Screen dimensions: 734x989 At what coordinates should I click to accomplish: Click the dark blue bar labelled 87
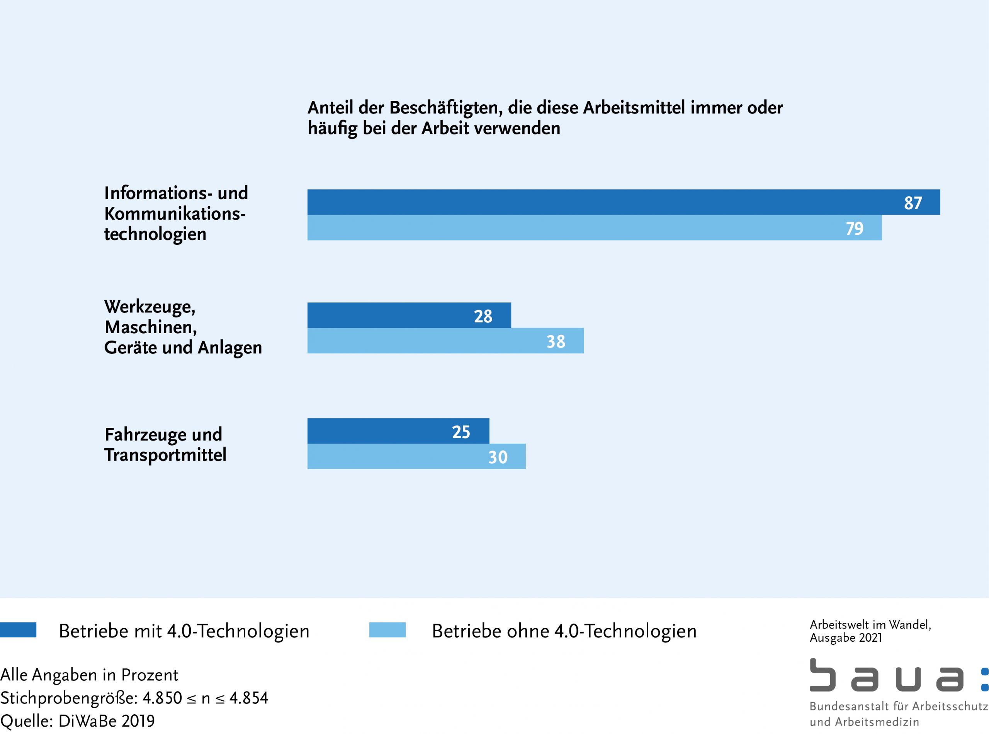[622, 202]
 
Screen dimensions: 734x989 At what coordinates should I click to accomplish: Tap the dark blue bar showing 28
[409, 315]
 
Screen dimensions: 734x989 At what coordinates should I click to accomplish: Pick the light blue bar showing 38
[445, 341]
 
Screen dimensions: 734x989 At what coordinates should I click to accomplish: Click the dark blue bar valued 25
[398, 431]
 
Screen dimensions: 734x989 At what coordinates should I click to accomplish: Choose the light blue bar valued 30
[416, 456]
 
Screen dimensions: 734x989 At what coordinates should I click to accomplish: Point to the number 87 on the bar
[913, 203]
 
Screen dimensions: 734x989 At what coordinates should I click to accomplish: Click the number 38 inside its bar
[556, 342]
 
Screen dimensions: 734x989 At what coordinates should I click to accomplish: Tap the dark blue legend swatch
[18, 630]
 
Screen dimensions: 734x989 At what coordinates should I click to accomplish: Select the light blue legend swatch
[387, 630]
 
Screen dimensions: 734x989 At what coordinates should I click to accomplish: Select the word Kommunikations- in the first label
[175, 214]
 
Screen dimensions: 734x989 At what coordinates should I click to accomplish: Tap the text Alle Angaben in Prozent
[89, 675]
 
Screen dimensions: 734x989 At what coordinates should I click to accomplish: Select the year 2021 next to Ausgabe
[871, 638]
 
